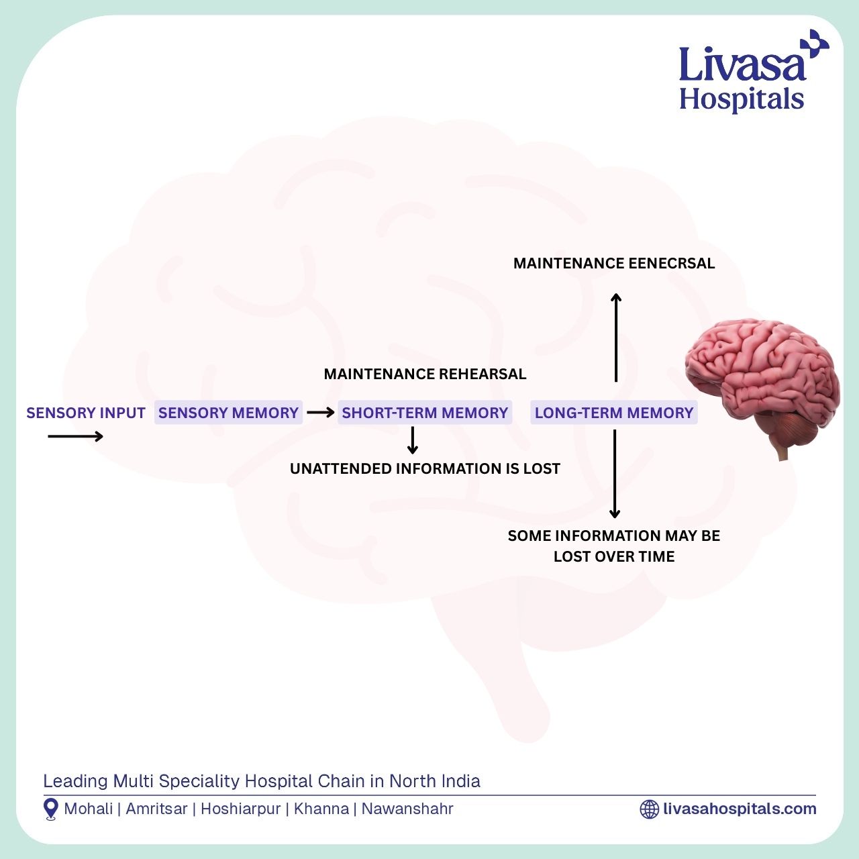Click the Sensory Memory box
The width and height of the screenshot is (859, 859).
(x=228, y=412)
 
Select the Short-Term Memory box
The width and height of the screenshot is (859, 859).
(x=425, y=412)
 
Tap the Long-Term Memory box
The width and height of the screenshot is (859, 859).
(x=614, y=412)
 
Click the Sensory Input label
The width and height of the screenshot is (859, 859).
(x=86, y=413)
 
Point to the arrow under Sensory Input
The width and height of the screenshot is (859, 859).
(x=75, y=436)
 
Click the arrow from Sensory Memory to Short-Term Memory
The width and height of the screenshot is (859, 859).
(x=321, y=412)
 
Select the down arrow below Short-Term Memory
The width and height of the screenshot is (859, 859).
(x=413, y=440)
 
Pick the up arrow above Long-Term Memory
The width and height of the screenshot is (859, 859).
(x=616, y=338)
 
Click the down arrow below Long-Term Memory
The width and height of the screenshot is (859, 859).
(x=615, y=474)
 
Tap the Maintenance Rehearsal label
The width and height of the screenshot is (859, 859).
(x=425, y=374)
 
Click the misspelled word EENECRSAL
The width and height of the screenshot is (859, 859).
(x=671, y=263)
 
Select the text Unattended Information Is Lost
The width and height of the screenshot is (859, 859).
(x=425, y=468)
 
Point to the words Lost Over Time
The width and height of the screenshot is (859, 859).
(x=614, y=556)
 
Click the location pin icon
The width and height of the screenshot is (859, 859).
(x=51, y=809)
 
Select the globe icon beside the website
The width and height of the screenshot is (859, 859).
(x=649, y=809)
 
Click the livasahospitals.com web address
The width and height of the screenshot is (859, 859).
(x=740, y=809)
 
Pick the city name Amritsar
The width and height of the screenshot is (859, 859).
(x=156, y=809)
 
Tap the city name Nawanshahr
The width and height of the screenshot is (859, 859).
(x=407, y=809)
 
